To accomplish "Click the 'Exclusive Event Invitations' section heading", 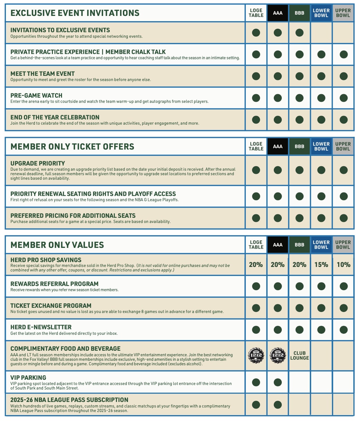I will tap(75, 13).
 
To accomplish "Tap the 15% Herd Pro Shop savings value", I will tap(321, 265).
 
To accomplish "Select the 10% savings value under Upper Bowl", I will tap(343, 265).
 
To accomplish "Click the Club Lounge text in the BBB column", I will tap(299, 356).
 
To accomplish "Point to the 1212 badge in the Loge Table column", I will tap(256, 356).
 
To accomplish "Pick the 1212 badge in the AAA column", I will tap(278, 356).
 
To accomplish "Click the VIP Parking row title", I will tap(28, 378).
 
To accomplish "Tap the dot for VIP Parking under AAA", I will tap(278, 382).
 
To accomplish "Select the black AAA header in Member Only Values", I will tap(278, 245).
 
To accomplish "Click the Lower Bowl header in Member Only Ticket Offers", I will tap(321, 146).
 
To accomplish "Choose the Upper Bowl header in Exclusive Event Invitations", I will tap(343, 13).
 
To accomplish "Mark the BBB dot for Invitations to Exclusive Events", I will tap(299, 33).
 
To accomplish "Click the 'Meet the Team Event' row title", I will tap(43, 74).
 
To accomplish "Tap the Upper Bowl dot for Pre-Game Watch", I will tap(343, 98).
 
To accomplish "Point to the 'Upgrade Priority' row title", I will tap(38, 163).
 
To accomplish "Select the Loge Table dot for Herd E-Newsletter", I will tap(256, 330).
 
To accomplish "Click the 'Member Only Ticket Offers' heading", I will tap(72, 146).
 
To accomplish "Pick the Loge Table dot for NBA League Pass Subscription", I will tap(256, 404).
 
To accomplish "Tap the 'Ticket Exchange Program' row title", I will tap(51, 306).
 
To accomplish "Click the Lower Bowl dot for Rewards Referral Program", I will tap(321, 286).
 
